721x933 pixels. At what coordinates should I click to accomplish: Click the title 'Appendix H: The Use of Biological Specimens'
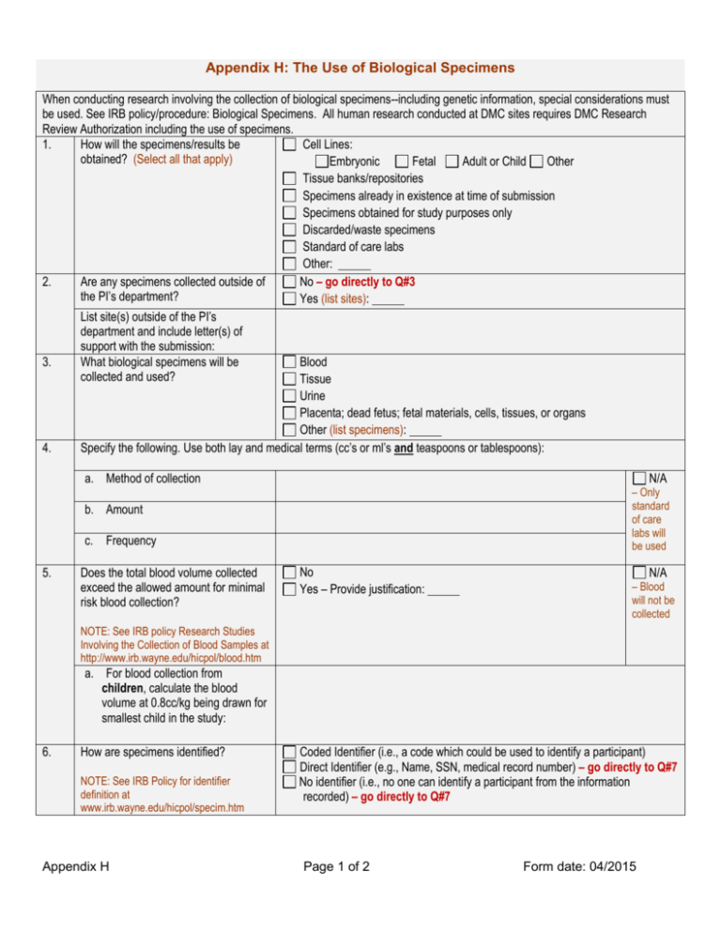pyautogui.click(x=360, y=69)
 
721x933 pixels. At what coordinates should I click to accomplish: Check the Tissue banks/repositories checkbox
pyautogui.click(x=290, y=178)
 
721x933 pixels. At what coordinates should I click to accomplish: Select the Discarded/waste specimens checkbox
pyautogui.click(x=290, y=230)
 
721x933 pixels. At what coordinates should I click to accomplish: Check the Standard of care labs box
pyautogui.click(x=290, y=247)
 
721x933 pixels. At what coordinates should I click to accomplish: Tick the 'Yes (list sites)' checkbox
pyautogui.click(x=289, y=299)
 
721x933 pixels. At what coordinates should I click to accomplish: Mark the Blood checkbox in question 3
pyautogui.click(x=289, y=361)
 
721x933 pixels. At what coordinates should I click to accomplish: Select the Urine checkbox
pyautogui.click(x=289, y=396)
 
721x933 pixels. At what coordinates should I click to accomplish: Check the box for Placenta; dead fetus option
pyautogui.click(x=289, y=414)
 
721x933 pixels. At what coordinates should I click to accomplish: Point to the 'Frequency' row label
pyautogui.click(x=131, y=542)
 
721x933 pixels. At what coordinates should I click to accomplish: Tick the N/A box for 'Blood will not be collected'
pyautogui.click(x=639, y=572)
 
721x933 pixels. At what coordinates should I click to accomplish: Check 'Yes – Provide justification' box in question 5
pyautogui.click(x=289, y=589)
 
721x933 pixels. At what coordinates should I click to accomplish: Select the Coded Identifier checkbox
pyautogui.click(x=289, y=752)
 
